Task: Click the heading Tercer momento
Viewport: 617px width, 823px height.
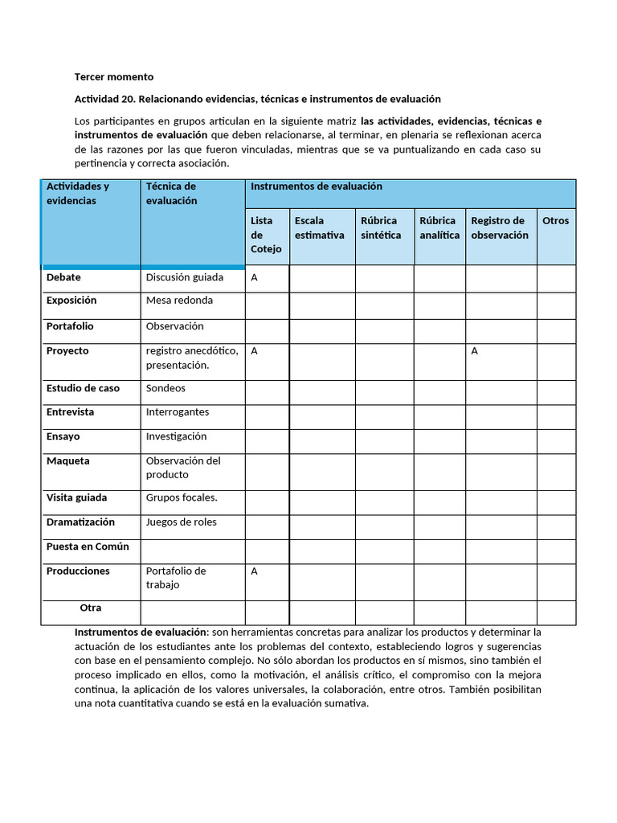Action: coord(113,77)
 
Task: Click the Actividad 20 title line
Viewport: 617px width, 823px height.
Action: coord(257,99)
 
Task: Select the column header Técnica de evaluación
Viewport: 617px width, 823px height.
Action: coord(171,194)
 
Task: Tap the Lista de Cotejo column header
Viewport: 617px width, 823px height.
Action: coord(266,235)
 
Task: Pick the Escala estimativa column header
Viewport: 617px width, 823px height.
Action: coord(319,227)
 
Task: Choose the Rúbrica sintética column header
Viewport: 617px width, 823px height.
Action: coord(381,227)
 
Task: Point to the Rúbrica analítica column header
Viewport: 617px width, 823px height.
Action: coord(439,227)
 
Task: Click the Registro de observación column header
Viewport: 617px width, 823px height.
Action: coord(499,227)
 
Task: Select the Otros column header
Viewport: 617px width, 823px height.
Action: coord(555,220)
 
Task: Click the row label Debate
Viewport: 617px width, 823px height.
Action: coord(63,277)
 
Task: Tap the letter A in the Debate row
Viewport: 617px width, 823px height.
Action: coord(254,277)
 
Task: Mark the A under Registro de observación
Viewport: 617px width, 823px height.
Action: coord(475,351)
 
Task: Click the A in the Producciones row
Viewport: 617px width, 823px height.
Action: coord(254,571)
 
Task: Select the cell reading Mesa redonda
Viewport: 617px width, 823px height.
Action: coord(179,301)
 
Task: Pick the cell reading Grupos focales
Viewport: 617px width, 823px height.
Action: coord(182,497)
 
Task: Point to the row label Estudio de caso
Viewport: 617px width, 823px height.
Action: coord(83,388)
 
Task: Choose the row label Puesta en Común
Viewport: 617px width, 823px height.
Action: coord(88,547)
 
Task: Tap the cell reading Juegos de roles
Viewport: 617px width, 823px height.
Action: coord(181,522)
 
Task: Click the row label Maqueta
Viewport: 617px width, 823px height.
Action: coord(68,461)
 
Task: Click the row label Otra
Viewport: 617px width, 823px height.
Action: coord(90,608)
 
